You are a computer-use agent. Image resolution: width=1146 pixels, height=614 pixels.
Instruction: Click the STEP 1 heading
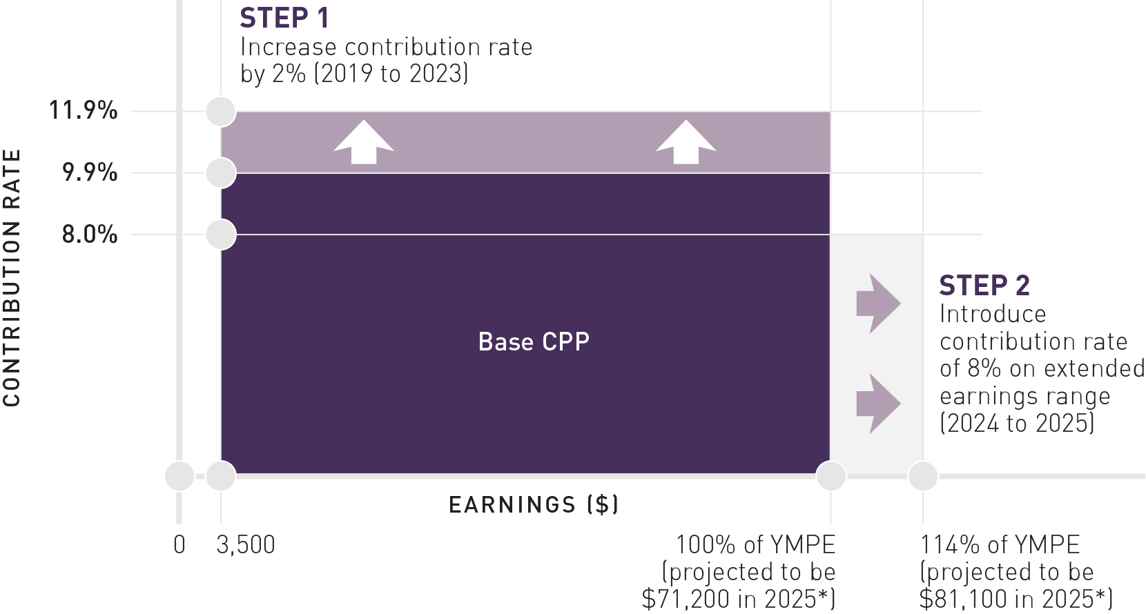tap(284, 18)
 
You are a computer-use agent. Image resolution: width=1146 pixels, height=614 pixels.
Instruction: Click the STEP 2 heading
tap(984, 286)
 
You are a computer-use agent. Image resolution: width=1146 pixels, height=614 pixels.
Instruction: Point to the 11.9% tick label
tap(83, 110)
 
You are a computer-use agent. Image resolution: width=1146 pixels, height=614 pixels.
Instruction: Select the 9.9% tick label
tap(90, 172)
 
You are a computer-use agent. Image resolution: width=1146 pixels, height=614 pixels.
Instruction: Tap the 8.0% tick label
tap(90, 234)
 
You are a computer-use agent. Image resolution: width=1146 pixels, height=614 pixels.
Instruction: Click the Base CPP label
tap(534, 341)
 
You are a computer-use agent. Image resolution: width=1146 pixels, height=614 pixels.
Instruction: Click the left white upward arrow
tap(364, 142)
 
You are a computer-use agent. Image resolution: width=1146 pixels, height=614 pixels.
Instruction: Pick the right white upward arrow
tap(686, 142)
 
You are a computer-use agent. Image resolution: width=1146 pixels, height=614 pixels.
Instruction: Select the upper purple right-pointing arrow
tap(878, 304)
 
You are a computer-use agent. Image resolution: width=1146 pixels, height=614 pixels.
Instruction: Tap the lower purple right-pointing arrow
tap(878, 404)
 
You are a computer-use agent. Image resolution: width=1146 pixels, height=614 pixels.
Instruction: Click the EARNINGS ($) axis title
tap(534, 505)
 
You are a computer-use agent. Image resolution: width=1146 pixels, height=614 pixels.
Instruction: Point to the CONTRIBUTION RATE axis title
tap(11, 278)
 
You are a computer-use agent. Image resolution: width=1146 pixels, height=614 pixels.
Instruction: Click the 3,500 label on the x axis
tap(246, 545)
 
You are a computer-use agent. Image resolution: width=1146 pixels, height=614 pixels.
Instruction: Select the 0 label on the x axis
tap(179, 545)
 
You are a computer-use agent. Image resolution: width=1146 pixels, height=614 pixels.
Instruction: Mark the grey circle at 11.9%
tap(221, 112)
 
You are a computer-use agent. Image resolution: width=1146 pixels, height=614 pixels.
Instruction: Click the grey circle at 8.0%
tap(221, 235)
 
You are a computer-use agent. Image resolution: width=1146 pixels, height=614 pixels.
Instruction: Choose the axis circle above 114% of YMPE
tap(923, 476)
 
